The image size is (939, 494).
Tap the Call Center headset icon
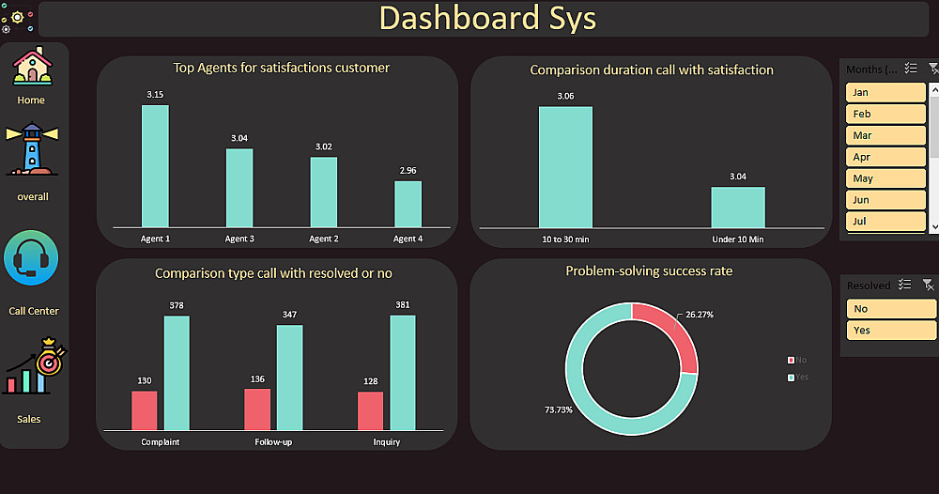[32, 259]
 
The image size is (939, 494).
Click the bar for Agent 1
[155, 165]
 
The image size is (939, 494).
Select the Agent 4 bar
[408, 204]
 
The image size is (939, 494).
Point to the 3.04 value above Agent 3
[239, 138]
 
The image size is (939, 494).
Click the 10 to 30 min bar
[565, 166]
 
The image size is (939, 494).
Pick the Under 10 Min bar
[737, 207]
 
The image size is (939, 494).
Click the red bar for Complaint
[144, 410]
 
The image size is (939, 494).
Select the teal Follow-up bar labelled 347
[289, 377]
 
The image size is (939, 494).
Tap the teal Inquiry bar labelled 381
[402, 372]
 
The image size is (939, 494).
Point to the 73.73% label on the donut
[558, 409]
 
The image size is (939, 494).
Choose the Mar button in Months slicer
[885, 135]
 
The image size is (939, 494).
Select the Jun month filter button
[885, 200]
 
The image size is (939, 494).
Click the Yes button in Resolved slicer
[890, 330]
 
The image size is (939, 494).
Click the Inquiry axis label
[386, 442]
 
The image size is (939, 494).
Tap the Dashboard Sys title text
[487, 19]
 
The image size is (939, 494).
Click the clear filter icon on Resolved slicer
[928, 285]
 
